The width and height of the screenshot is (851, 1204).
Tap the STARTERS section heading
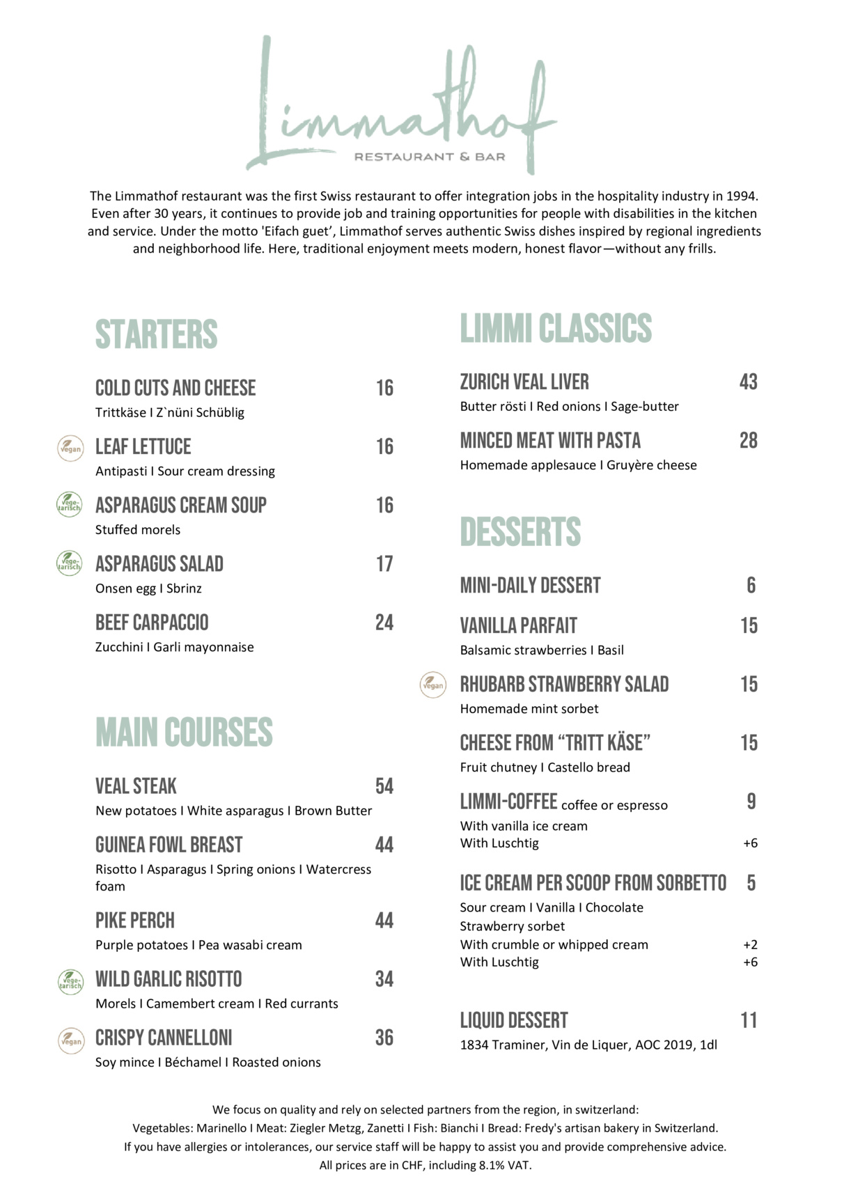click(x=156, y=334)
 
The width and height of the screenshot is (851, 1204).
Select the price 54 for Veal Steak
click(x=384, y=786)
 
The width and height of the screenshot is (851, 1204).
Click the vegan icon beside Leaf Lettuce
click(x=70, y=448)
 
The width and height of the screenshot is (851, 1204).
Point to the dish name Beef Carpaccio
click(x=152, y=623)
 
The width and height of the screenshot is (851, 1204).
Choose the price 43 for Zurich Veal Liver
click(x=748, y=382)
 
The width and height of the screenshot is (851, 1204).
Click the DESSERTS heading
click(x=520, y=532)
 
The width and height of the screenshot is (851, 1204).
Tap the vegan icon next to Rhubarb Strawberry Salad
click(x=433, y=685)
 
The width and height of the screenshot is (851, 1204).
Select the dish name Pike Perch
click(x=135, y=921)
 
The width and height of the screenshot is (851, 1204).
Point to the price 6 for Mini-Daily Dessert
click(x=751, y=585)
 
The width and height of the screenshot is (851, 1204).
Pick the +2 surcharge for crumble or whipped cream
click(x=750, y=945)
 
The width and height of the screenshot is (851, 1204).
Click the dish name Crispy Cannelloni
click(x=164, y=1038)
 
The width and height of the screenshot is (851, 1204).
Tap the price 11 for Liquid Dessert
click(x=749, y=1020)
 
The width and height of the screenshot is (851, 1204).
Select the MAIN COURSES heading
click(x=184, y=733)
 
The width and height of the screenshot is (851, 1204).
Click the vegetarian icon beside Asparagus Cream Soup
click(x=69, y=504)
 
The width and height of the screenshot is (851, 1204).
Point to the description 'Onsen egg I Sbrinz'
click(x=148, y=588)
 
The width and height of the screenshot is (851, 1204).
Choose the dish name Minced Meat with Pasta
click(x=550, y=440)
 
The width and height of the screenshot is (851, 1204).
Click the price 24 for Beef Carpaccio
click(x=384, y=623)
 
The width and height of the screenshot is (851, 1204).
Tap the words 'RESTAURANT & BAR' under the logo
click(x=430, y=157)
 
